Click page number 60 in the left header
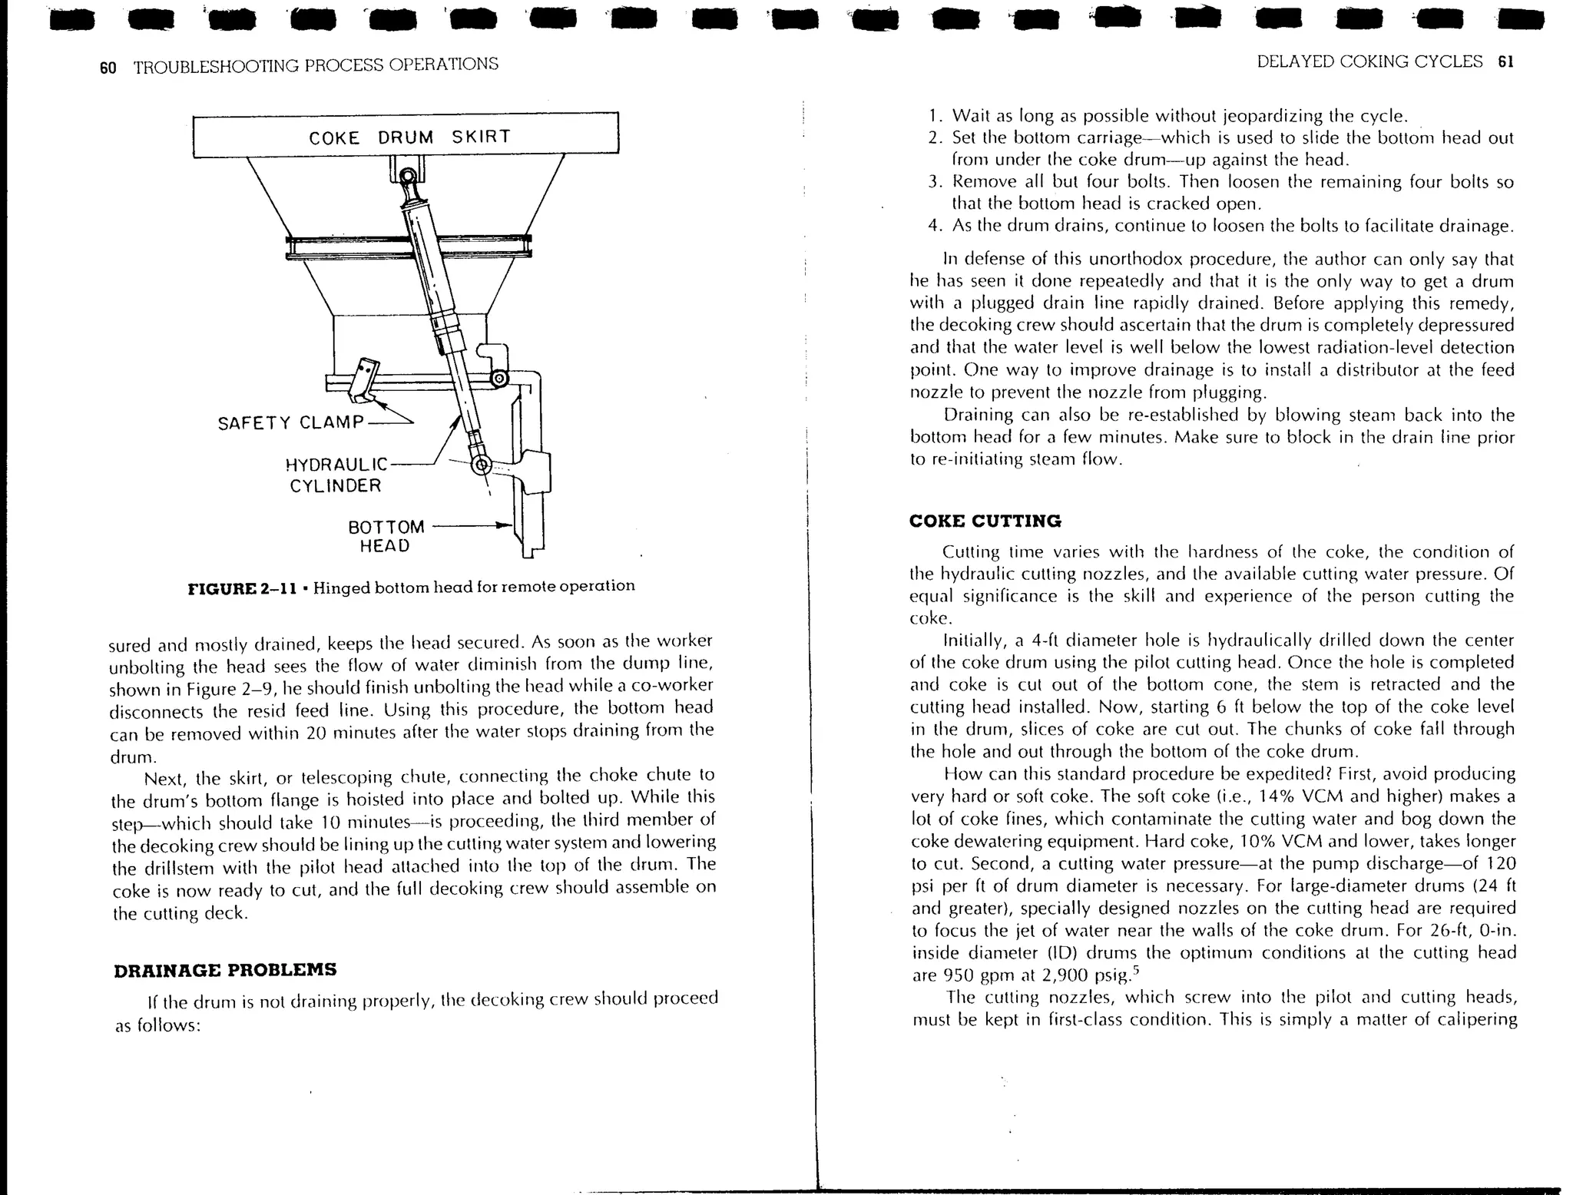[x=108, y=68]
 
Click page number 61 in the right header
[x=1505, y=62]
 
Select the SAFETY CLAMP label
[x=290, y=422]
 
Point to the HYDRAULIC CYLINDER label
[x=336, y=475]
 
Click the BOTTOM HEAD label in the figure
[x=386, y=536]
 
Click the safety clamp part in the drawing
[x=363, y=379]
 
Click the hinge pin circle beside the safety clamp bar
[x=498, y=379]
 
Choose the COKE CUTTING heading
[x=985, y=521]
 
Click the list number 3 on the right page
[x=933, y=183]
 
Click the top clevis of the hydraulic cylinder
[x=407, y=179]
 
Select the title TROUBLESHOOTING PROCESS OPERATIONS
[x=316, y=65]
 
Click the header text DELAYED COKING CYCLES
[x=1369, y=62]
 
